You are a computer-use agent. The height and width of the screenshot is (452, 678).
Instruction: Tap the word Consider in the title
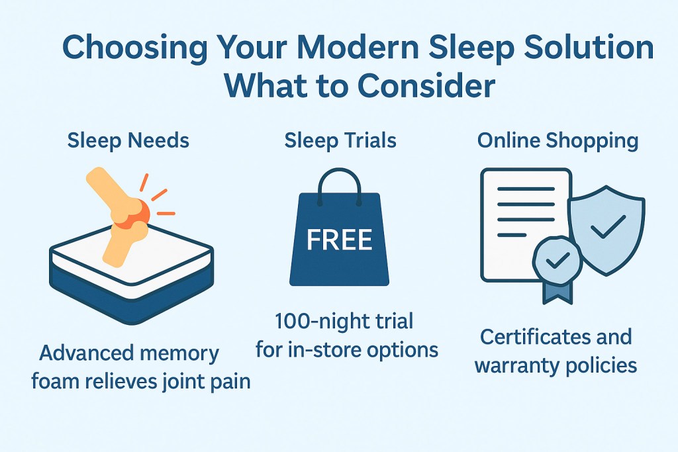(x=430, y=86)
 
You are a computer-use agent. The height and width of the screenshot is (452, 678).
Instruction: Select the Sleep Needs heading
(x=128, y=140)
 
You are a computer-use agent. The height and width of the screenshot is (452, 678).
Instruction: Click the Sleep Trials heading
(x=340, y=140)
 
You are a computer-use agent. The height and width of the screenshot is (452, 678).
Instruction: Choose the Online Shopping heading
(x=557, y=140)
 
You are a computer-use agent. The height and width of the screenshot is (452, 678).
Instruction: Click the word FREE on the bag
(x=340, y=240)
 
